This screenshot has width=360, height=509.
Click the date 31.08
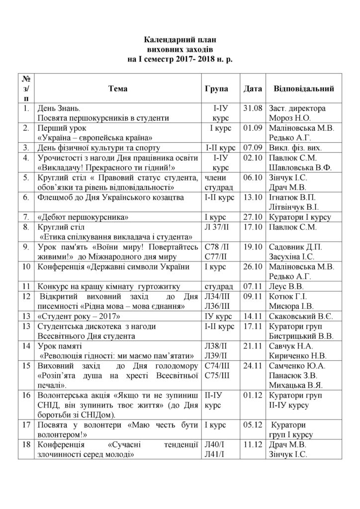(x=252, y=108)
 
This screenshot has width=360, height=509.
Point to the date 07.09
(x=252, y=148)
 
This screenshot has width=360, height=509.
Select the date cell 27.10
(x=252, y=217)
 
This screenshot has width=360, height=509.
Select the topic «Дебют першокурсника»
(x=80, y=217)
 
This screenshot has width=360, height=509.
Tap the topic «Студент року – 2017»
(x=79, y=316)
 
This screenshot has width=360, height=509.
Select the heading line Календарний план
(x=180, y=39)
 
